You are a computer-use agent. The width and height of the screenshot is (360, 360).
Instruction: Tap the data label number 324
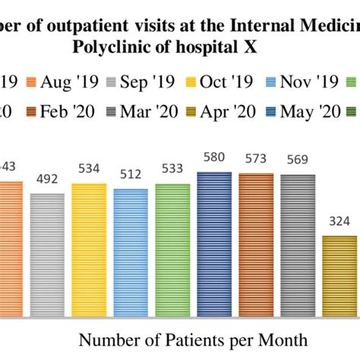[339, 224]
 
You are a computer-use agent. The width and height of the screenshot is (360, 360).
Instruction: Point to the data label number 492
[48, 181]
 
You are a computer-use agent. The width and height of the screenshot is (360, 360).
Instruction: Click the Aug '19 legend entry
[58, 81]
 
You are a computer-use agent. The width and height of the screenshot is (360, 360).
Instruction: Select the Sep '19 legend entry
[140, 81]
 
